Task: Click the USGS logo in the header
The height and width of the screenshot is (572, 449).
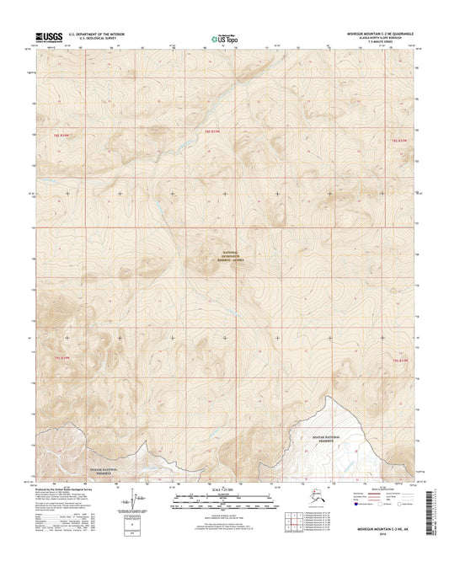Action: pyautogui.click(x=49, y=36)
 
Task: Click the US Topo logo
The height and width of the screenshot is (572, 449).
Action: pyautogui.click(x=223, y=37)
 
